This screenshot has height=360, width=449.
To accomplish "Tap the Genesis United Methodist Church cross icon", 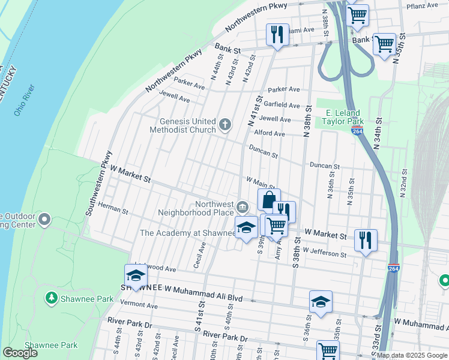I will coord(225,125).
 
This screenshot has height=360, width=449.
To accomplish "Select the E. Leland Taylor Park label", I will coord(343,117).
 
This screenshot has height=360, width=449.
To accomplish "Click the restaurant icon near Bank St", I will coord(277,34).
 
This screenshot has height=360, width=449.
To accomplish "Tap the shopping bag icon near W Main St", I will coord(269,200).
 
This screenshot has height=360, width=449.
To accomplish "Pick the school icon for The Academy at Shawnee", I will coord(246,227).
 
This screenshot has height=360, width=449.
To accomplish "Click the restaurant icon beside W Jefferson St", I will coord(366,239).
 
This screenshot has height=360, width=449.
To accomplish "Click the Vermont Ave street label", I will coord(139,305).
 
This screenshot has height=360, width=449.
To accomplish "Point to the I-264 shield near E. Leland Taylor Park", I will coord(358,130).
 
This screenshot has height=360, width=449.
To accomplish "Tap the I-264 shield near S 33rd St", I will coord(393,268).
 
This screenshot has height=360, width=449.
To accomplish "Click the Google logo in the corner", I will coord(20,353).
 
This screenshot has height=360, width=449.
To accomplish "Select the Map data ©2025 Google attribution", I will coord(412,355).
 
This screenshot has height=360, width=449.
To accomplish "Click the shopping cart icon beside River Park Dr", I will coord(328,350).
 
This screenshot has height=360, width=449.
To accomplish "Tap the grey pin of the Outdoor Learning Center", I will coord(44,221).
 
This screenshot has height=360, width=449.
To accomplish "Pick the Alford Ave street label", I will coord(269,133).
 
